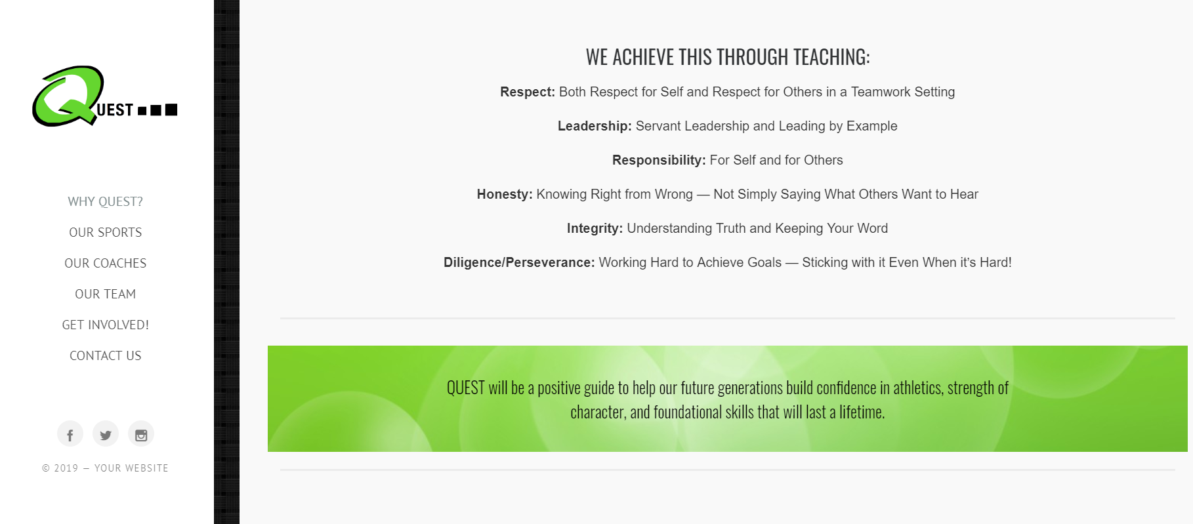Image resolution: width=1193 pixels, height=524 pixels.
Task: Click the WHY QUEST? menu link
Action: coord(105,201)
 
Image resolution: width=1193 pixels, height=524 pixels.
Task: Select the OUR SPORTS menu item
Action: coord(105,232)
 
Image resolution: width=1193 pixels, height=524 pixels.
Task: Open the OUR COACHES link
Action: coord(105,263)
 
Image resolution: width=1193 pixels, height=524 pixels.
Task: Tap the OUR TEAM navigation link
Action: coord(105,294)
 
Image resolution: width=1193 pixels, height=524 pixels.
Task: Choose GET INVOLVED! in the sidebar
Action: coord(105,325)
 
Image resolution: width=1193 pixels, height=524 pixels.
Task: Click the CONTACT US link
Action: coord(105,355)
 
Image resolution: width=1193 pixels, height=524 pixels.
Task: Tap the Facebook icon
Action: coord(70,434)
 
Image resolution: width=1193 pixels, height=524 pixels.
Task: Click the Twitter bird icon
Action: coord(106,434)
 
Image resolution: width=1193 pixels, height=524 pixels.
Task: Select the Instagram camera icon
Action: coord(141,434)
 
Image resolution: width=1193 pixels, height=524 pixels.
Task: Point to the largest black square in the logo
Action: coord(171,110)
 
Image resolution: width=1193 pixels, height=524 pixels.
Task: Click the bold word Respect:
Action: coord(528,92)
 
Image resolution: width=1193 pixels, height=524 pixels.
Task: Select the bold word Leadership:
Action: coord(595,126)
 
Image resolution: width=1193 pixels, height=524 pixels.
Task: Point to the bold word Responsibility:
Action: coord(659,160)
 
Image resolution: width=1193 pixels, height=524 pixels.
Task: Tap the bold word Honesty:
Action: coord(505,194)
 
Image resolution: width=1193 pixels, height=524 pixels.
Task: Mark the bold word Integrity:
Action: coord(595,228)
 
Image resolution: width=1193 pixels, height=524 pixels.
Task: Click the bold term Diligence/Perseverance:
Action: coord(519,262)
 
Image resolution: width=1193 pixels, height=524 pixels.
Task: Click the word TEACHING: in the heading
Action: coord(831,57)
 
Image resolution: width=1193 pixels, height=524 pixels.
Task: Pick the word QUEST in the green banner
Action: coord(466,388)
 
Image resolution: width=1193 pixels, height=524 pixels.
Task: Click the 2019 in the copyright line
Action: coord(66,468)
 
